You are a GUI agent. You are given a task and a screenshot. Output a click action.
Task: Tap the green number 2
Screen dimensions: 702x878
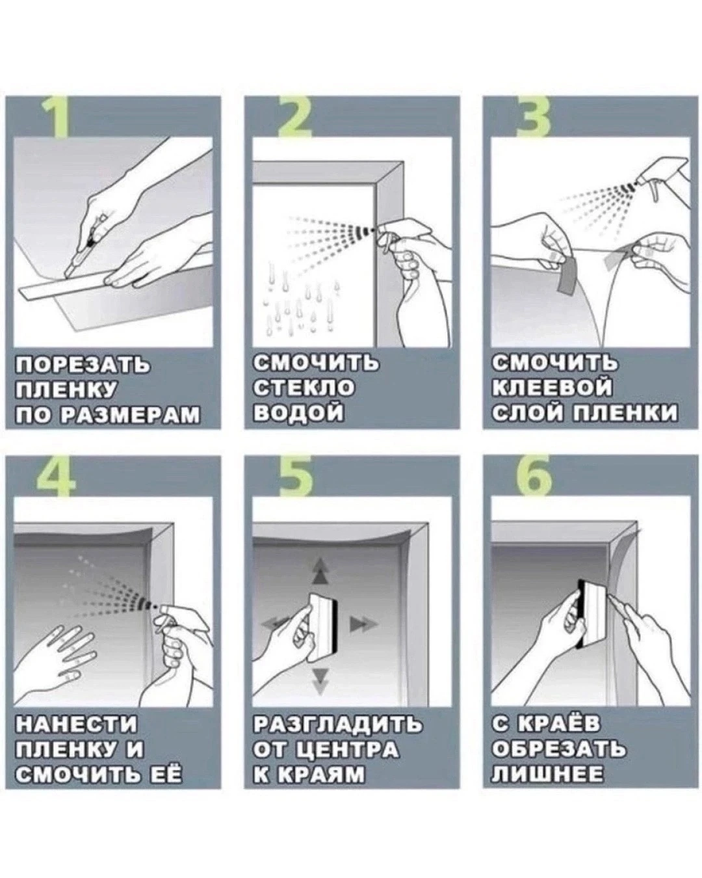tap(294, 118)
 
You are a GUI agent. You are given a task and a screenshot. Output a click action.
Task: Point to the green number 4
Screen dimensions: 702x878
tap(57, 477)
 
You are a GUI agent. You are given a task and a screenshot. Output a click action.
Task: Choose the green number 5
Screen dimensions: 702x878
tap(296, 477)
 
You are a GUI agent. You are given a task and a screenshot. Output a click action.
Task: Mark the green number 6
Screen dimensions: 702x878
tap(534, 477)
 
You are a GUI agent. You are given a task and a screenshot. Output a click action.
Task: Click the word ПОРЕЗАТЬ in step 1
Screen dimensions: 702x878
tap(82, 364)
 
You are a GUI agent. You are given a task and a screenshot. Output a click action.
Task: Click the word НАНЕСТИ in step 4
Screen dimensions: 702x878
tap(76, 723)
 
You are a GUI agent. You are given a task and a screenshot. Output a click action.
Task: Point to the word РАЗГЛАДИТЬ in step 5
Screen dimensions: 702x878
tap(338, 723)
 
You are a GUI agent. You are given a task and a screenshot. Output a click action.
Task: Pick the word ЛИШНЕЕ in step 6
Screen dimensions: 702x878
tap(547, 773)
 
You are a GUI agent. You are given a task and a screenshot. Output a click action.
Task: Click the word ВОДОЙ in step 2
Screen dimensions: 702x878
tap(298, 412)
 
